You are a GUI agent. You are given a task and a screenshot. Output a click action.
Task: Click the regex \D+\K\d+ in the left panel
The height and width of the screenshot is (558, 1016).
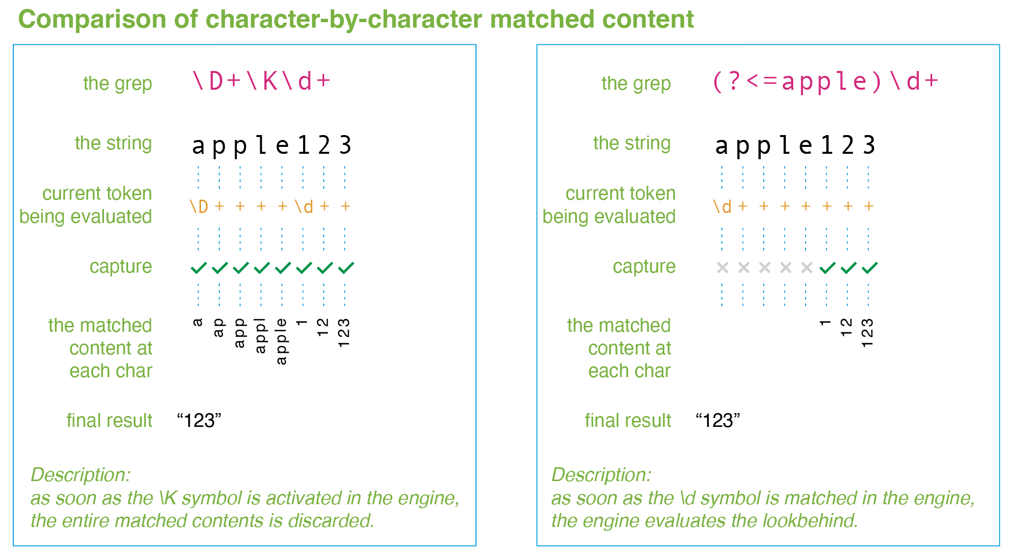coord(261,81)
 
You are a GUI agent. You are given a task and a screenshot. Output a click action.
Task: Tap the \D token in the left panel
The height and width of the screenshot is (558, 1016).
coord(199,207)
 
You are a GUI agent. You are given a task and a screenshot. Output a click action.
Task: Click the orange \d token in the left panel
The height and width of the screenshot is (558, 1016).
coord(304,207)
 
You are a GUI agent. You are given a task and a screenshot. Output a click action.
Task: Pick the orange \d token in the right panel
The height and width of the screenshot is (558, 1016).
coord(722,207)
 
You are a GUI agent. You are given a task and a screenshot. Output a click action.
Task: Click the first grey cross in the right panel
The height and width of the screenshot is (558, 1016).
coord(722,268)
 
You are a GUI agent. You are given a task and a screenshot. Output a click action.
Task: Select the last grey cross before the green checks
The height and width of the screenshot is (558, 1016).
coord(807,268)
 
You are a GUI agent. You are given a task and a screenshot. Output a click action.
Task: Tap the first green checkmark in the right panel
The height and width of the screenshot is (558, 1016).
coord(827,268)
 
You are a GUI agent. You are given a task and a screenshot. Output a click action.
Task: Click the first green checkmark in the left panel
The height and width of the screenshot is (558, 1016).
coord(199,268)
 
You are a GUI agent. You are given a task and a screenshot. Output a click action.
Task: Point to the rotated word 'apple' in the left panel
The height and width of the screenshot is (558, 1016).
coord(281,341)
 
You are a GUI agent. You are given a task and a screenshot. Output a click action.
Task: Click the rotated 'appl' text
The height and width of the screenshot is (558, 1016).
coord(261,336)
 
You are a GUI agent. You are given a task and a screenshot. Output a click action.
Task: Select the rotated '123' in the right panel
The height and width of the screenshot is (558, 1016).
coord(868,333)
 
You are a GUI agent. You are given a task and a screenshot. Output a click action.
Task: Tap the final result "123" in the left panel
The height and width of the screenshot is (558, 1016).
coord(199,420)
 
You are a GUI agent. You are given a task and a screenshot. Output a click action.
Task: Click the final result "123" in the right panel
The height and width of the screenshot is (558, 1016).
coord(718,420)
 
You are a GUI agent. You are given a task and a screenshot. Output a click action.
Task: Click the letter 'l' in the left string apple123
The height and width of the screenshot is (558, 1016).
coord(261,145)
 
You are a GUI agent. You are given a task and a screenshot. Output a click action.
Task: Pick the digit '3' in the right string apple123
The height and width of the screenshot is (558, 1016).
coord(869,145)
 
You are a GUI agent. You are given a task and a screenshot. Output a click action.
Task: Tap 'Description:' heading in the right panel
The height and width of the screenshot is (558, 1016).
coord(601,475)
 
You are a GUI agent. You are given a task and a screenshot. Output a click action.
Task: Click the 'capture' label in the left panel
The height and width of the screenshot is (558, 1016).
coord(121,267)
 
